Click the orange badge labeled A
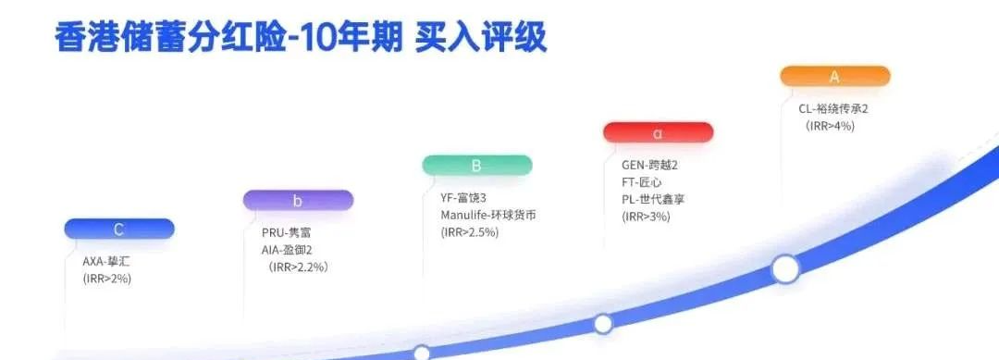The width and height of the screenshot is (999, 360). click(x=834, y=76)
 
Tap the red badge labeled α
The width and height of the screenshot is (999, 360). click(x=658, y=133)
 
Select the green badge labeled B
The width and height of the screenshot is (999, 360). click(x=476, y=166)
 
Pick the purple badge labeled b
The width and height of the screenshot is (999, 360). click(x=298, y=200)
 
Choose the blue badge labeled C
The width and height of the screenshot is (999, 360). click(x=119, y=229)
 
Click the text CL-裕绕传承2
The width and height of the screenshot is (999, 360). click(x=833, y=108)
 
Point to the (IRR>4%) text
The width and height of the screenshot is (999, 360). click(x=830, y=126)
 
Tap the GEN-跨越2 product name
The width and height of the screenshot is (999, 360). click(x=649, y=165)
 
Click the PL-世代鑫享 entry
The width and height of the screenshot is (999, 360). click(x=653, y=199)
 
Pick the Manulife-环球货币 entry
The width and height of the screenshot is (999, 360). click(x=487, y=215)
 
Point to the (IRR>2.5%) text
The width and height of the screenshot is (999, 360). click(x=470, y=232)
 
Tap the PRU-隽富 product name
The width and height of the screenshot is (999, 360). click(x=287, y=232)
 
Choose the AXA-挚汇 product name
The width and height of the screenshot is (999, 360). click(x=106, y=261)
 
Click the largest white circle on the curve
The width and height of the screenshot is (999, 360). click(x=785, y=269)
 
